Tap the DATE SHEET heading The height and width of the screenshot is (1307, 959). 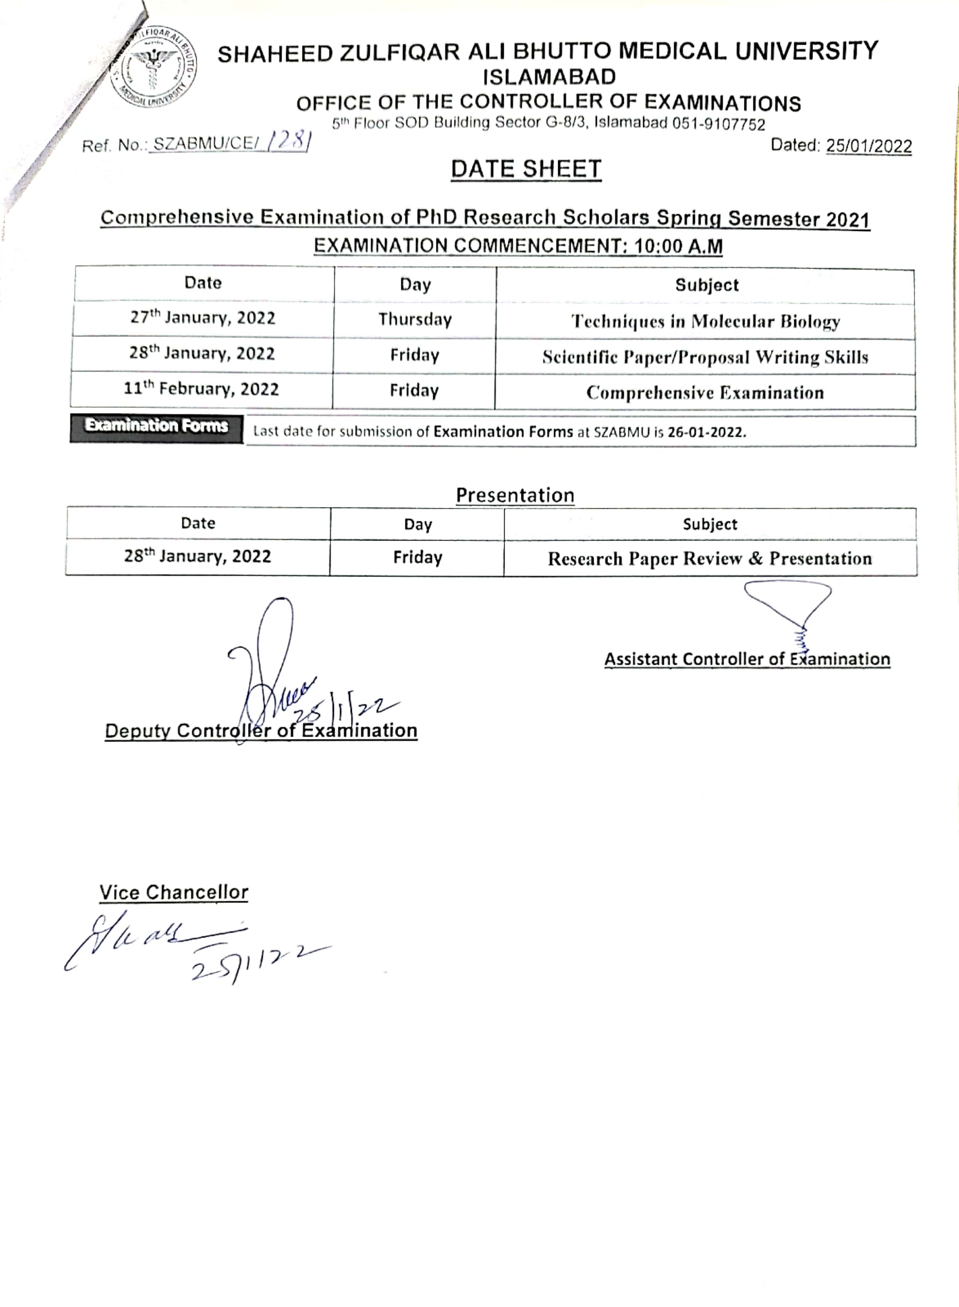click(x=526, y=169)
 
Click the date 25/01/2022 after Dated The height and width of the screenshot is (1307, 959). click(x=868, y=146)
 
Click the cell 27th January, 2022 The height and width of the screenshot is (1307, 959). click(x=203, y=318)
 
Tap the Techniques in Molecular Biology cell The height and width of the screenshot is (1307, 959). click(x=705, y=321)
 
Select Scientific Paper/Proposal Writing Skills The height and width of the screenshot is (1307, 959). click(x=705, y=357)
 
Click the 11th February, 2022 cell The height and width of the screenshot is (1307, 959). click(x=201, y=389)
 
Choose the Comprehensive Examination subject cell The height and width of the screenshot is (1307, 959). click(x=705, y=393)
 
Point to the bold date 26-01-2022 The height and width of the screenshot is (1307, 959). click(x=706, y=432)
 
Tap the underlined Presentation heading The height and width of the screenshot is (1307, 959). click(x=515, y=495)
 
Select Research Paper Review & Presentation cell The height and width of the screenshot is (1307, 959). click(x=709, y=559)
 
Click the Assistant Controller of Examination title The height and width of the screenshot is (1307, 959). click(x=747, y=659)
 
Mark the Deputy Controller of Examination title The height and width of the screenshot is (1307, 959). click(x=260, y=730)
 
